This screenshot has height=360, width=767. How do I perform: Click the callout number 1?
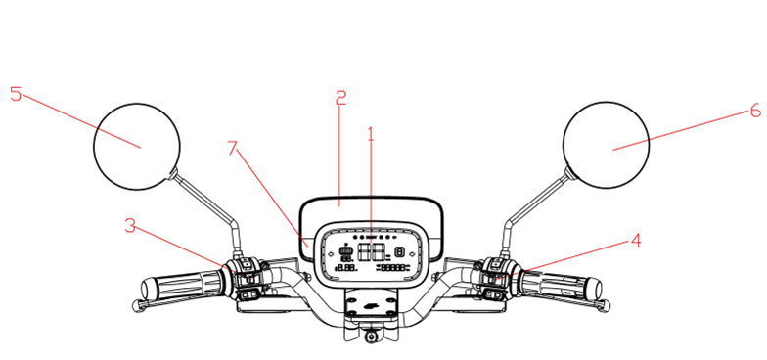point(371,134)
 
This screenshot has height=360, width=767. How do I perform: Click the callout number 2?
point(340,98)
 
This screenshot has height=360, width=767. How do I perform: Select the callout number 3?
point(130,226)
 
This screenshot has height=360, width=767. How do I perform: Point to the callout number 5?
point(15,94)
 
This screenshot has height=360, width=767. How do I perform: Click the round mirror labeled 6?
point(607,145)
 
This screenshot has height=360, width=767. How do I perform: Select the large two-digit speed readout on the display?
point(370,253)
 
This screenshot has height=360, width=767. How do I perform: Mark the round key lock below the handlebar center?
point(372,337)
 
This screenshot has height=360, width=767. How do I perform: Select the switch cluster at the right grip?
point(496,276)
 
